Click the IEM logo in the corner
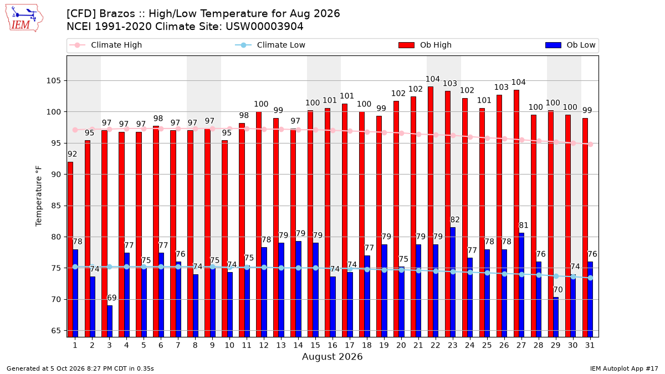[24, 18]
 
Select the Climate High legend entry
[105, 45]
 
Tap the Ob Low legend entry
[570, 45]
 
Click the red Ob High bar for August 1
[70, 249]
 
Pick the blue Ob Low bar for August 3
[110, 321]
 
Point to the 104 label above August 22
[433, 79]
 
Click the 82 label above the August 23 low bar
[455, 219]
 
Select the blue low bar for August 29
[556, 317]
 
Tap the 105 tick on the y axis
[53, 81]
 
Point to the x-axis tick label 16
[332, 345]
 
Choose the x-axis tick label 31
[590, 345]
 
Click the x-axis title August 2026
[332, 356]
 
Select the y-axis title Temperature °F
[39, 196]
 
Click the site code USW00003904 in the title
[264, 27]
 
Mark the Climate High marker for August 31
[591, 145]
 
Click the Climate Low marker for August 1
[75, 267]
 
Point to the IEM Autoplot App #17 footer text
[624, 368]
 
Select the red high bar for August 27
[516, 213]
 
